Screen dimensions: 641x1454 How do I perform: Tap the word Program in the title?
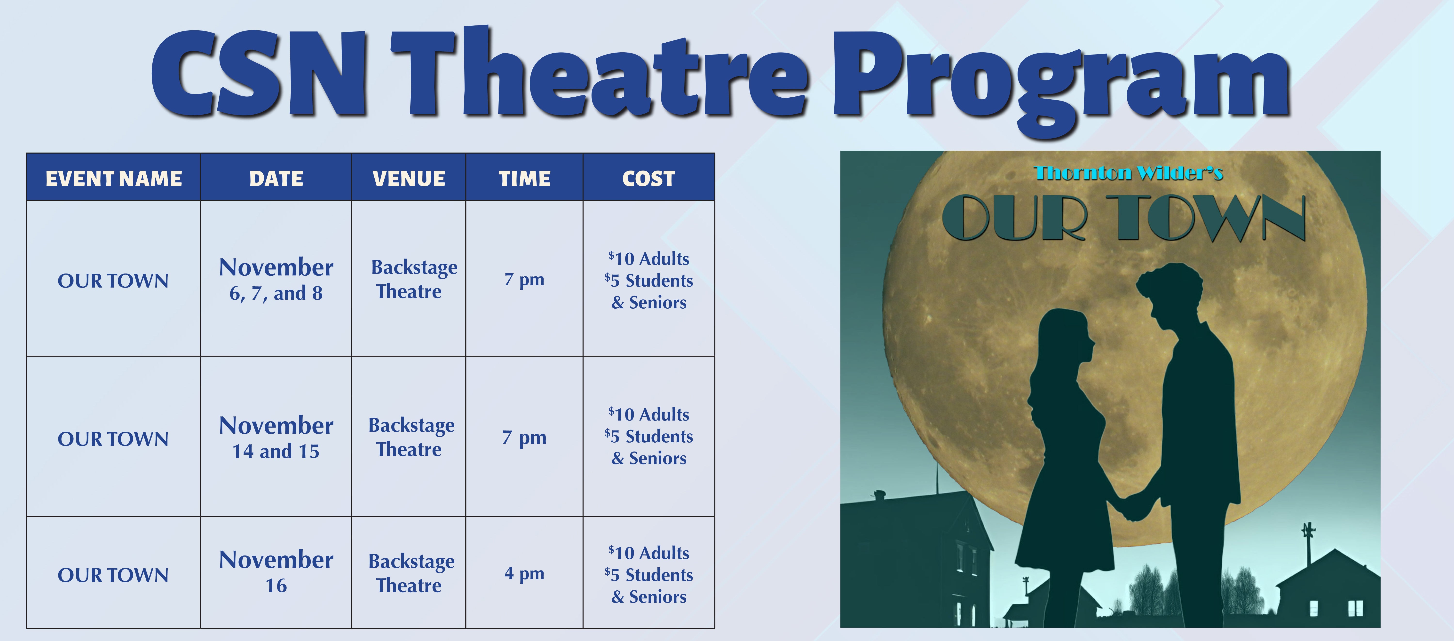tap(1061, 79)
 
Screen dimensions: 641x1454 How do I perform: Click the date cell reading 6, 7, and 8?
tap(276, 279)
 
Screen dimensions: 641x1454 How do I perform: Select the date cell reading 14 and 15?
tap(276, 437)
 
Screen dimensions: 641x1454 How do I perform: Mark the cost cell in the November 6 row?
tap(648, 281)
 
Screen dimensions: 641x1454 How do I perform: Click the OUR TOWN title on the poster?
tap(1123, 218)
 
